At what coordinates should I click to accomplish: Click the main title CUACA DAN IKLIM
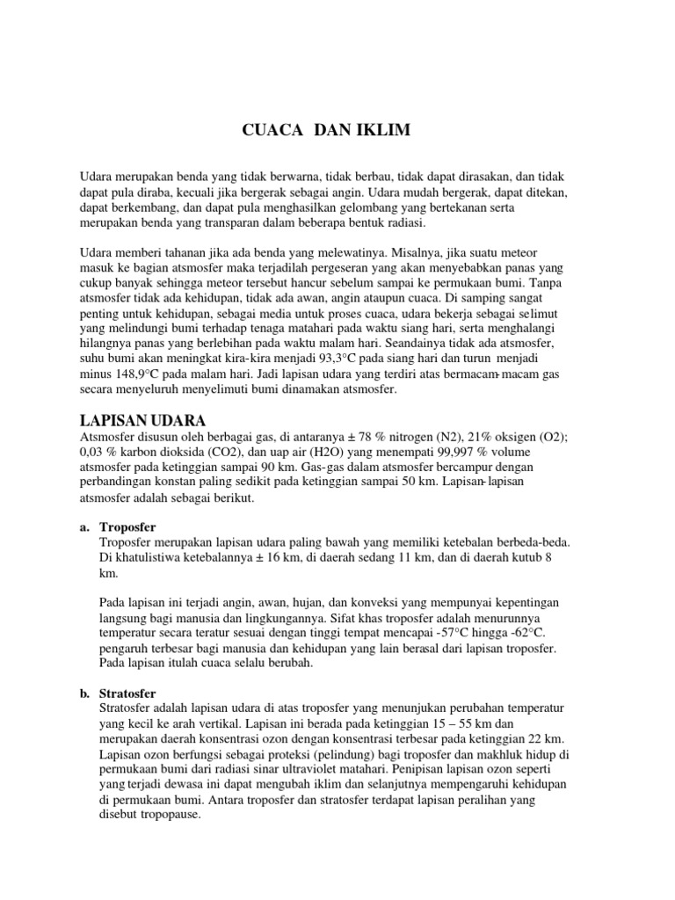point(325,132)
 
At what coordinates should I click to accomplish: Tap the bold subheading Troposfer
point(128,526)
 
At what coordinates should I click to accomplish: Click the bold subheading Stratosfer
point(129,693)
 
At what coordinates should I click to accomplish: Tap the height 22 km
point(548,739)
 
